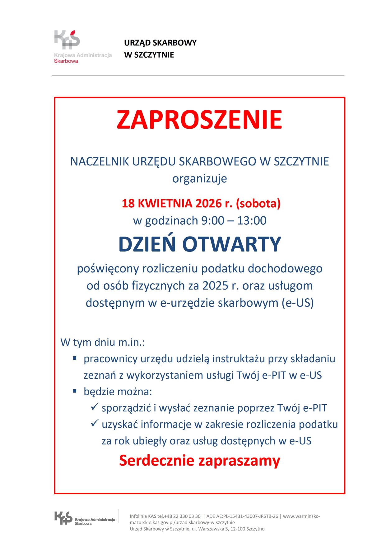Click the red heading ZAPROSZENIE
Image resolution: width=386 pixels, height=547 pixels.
pyautogui.click(x=199, y=120)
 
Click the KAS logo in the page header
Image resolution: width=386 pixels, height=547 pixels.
pyautogui.click(x=67, y=40)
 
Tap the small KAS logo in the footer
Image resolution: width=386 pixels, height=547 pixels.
pyautogui.click(x=63, y=518)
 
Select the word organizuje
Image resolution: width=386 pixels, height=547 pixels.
pyautogui.click(x=199, y=179)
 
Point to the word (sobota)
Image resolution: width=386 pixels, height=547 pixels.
pyautogui.click(x=258, y=204)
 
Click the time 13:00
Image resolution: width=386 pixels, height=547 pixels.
pyautogui.click(x=252, y=221)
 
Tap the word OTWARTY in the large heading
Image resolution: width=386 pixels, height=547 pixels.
pyautogui.click(x=232, y=244)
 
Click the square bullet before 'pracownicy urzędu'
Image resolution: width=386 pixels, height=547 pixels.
pyautogui.click(x=75, y=358)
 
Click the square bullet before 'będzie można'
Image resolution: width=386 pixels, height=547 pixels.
pyautogui.click(x=75, y=391)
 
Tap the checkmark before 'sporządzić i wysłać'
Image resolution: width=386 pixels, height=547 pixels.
pyautogui.click(x=95, y=407)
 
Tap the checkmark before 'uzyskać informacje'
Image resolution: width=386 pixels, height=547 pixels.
pyautogui.click(x=95, y=423)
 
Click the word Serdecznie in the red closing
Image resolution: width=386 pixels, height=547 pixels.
pyautogui.click(x=156, y=461)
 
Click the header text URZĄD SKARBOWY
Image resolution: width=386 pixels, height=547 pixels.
pyautogui.click(x=160, y=43)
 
